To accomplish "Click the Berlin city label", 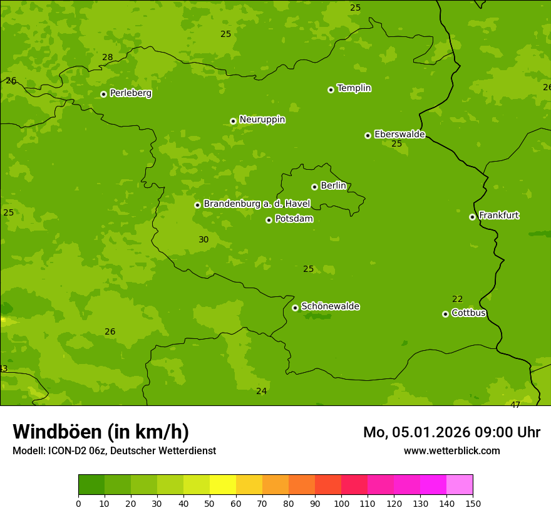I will click(333, 185).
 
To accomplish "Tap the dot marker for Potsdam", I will click(269, 220).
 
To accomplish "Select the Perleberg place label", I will click(130, 93).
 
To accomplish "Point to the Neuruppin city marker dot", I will click(233, 121).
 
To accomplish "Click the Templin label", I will click(354, 88).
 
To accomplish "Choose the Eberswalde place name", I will click(399, 134).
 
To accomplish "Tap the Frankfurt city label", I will click(498, 216).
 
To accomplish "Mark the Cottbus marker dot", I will click(445, 314).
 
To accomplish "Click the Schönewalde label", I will click(330, 306).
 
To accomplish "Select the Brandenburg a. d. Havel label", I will click(257, 204).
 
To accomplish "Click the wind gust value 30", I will click(203, 239).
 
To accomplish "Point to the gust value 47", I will click(515, 405).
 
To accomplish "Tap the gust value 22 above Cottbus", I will click(457, 299).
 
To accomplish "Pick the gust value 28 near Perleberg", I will click(108, 57).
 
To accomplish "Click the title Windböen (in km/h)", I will click(101, 432).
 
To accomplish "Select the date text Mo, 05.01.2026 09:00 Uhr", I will click(451, 432).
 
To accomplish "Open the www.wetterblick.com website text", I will click(451, 450).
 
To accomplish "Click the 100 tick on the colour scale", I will click(341, 503).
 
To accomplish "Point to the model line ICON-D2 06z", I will click(114, 450).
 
